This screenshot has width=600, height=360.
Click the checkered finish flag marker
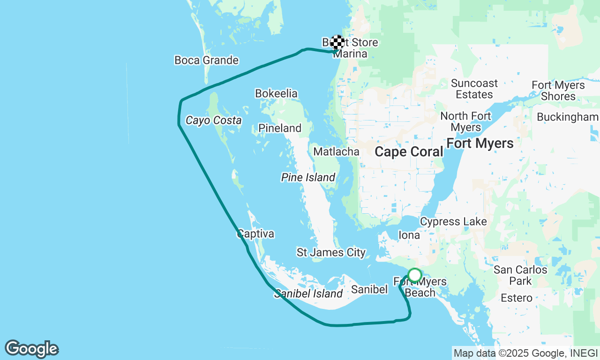(337, 42)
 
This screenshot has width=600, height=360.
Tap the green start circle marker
(414, 275)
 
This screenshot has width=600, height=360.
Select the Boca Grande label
(206, 60)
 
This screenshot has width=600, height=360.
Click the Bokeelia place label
(276, 93)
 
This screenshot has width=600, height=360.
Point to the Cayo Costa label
(213, 120)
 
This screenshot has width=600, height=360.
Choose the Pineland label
(280, 128)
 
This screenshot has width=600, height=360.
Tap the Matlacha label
(336, 151)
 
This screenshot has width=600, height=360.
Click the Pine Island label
(308, 177)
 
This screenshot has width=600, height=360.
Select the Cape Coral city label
(409, 152)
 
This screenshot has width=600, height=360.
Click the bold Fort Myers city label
(480, 143)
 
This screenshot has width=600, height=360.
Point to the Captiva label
(255, 233)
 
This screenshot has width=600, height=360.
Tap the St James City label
(331, 252)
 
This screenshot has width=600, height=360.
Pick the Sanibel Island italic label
(308, 293)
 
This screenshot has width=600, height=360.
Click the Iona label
(409, 235)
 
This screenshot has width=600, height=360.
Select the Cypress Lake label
(453, 221)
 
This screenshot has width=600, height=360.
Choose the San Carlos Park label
(520, 275)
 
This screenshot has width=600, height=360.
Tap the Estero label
(516, 298)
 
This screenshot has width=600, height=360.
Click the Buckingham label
(568, 117)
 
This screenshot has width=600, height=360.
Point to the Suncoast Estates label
(474, 89)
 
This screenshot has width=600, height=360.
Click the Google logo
(31, 349)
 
